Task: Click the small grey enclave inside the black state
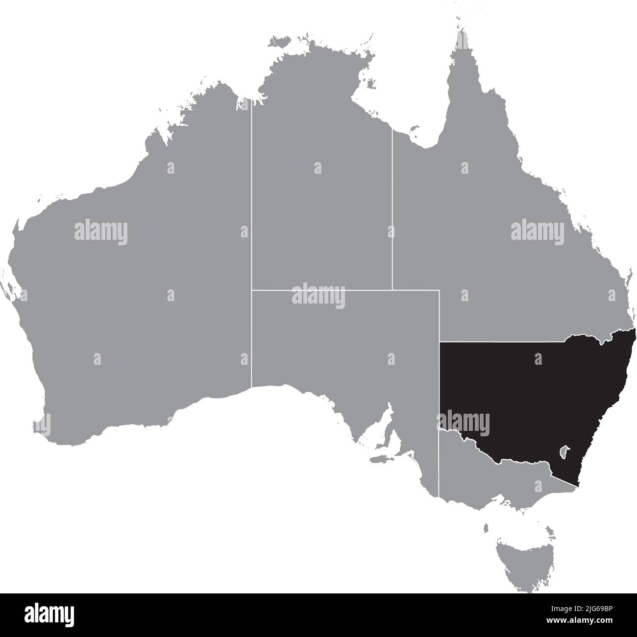click(564, 451)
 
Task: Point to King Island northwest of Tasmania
click(486, 528)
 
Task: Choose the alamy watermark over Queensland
click(537, 231)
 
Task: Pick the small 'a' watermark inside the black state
click(539, 360)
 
